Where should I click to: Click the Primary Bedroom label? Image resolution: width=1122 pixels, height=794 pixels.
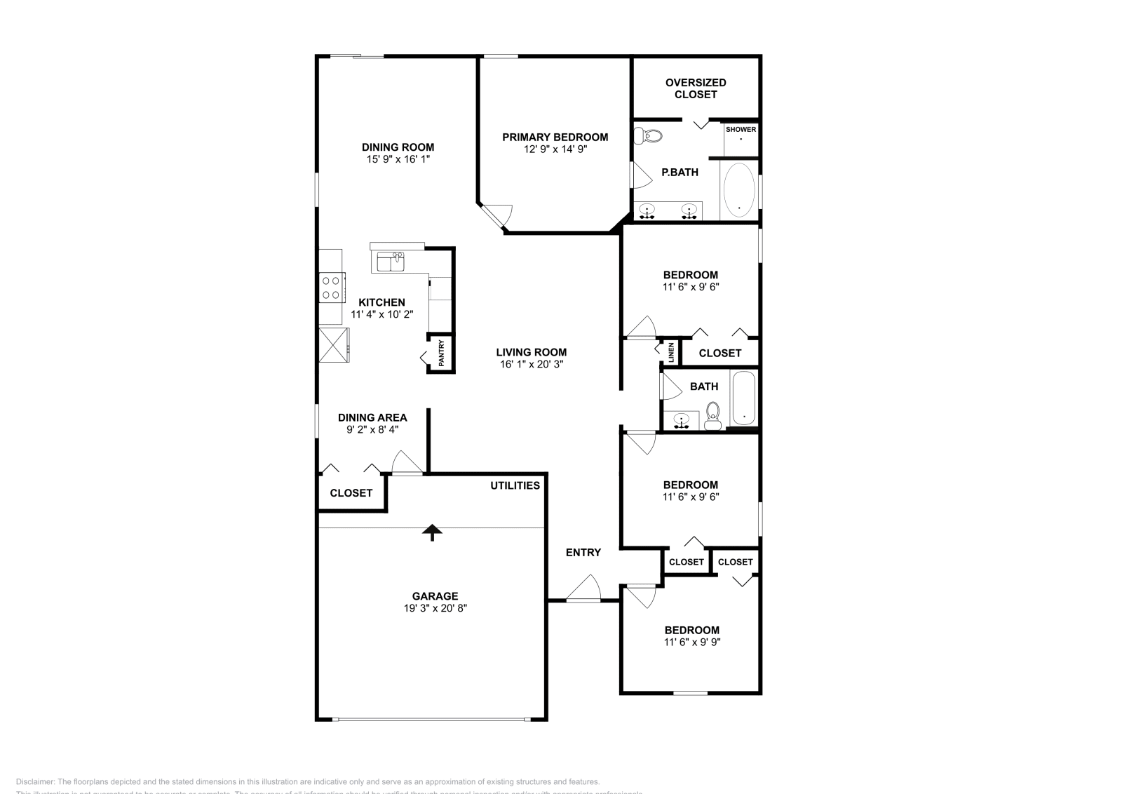click(555, 137)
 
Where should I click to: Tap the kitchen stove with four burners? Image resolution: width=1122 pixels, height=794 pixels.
click(331, 288)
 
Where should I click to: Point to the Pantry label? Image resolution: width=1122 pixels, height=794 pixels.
click(441, 354)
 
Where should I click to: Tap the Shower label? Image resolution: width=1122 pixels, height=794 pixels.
click(741, 130)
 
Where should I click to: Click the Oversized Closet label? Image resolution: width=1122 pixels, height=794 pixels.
click(696, 88)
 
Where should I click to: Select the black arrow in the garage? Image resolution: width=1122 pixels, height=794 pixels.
click(432, 532)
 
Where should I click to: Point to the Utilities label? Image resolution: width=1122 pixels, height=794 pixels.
click(515, 485)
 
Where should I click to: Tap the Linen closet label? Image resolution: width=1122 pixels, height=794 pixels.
click(671, 352)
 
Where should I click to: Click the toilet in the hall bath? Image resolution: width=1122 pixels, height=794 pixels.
click(713, 415)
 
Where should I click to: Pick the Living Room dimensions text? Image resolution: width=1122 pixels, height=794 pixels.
click(531, 365)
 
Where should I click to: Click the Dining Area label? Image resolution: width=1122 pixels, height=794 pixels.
click(372, 417)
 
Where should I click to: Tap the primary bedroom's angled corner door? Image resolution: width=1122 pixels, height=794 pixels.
click(499, 215)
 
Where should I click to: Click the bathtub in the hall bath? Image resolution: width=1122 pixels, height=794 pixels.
click(744, 398)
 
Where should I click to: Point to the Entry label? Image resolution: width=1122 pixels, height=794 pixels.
click(583, 553)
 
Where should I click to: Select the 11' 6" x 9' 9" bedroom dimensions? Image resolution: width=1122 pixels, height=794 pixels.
click(692, 642)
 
